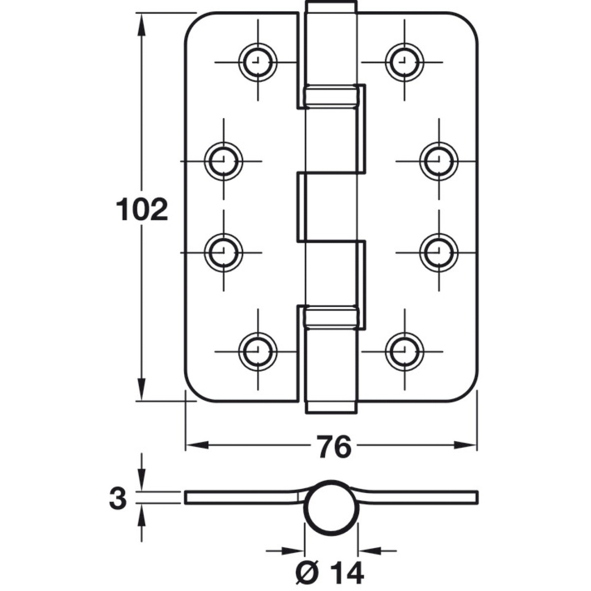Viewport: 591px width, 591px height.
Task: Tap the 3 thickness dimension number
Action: pos(118,498)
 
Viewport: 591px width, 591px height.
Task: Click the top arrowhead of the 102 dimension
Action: pos(141,25)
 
